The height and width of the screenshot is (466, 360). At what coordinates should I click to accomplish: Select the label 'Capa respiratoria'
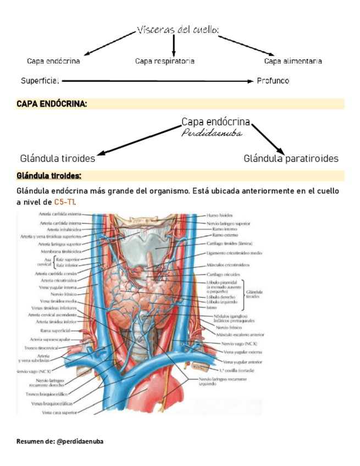pyautogui.click(x=165, y=61)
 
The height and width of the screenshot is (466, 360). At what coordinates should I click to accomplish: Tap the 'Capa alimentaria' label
pyautogui.click(x=293, y=61)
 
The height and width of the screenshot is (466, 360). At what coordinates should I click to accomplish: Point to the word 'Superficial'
pyautogui.click(x=40, y=81)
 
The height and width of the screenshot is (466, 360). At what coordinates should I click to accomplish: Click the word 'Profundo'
pyautogui.click(x=273, y=81)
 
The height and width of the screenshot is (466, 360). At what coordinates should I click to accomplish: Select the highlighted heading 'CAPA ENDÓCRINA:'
pyautogui.click(x=52, y=103)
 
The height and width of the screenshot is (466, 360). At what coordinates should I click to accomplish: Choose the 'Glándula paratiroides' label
pyautogui.click(x=291, y=158)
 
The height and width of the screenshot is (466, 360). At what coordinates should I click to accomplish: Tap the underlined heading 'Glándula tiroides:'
pyautogui.click(x=49, y=176)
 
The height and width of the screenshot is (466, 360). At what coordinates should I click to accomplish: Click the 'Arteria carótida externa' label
pyautogui.click(x=60, y=214)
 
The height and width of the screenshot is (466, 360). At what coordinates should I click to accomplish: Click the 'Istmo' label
pyautogui.click(x=211, y=308)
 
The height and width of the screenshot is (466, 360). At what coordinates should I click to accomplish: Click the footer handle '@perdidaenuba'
pyautogui.click(x=80, y=441)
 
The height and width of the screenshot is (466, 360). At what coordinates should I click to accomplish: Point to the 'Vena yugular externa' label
pyautogui.click(x=242, y=352)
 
